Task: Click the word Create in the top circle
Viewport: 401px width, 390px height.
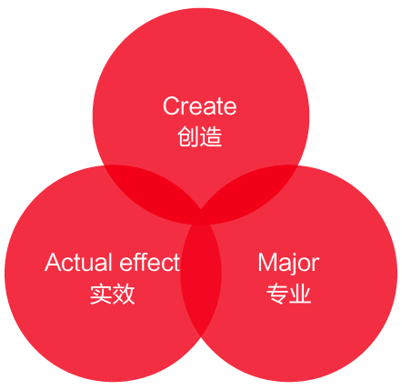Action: (199, 105)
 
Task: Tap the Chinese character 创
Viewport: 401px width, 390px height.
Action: (188, 136)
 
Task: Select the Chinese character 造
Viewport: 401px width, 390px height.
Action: (211, 136)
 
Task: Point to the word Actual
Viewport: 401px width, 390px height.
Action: (79, 263)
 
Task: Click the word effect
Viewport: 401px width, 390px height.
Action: (150, 262)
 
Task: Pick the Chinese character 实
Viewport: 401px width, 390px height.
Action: (100, 294)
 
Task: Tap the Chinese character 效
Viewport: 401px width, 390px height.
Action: (124, 294)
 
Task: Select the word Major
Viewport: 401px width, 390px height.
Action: (288, 265)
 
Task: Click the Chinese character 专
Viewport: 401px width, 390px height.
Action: (277, 294)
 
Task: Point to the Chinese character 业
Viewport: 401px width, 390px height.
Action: (300, 294)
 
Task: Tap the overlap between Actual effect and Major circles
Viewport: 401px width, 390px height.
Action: (201, 280)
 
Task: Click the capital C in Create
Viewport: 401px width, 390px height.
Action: (171, 105)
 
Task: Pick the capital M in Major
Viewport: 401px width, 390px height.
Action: (267, 262)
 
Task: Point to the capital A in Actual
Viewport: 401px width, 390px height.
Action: (54, 263)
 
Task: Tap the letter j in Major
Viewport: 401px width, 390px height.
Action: (293, 265)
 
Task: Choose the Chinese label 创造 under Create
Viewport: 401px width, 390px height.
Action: (200, 136)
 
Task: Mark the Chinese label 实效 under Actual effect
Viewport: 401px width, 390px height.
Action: (112, 294)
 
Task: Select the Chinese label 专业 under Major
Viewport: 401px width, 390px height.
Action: (289, 294)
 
